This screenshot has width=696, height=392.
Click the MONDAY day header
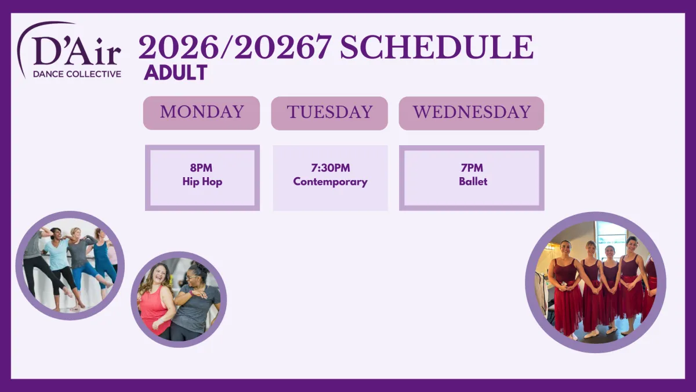[x=201, y=113]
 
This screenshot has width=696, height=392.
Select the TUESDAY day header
[x=329, y=113]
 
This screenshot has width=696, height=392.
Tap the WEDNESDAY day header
[x=472, y=113]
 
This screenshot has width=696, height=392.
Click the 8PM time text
[x=201, y=168]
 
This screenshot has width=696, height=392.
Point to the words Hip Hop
[x=202, y=182]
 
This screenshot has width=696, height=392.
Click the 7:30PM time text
[x=330, y=168]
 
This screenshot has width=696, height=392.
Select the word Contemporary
[x=330, y=182]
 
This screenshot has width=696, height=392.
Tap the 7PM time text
[x=472, y=168]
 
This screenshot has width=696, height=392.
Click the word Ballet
[x=473, y=181]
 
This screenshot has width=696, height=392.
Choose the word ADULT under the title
[x=176, y=73]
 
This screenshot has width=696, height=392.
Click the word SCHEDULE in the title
[x=437, y=47]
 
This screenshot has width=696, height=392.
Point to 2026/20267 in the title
[x=234, y=47]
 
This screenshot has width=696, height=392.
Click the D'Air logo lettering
[x=77, y=51]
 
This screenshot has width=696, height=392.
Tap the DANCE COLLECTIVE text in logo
[x=77, y=74]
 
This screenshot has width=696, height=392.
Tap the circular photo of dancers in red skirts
[x=596, y=282]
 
